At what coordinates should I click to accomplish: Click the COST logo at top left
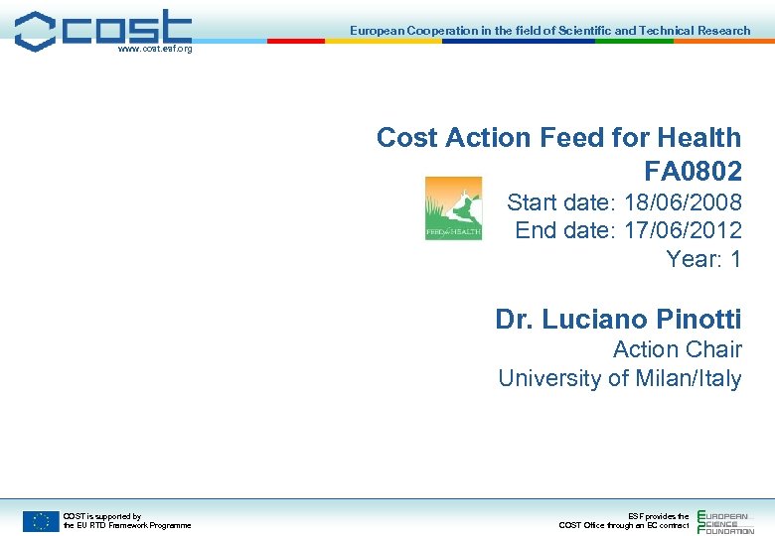pyautogui.click(x=103, y=29)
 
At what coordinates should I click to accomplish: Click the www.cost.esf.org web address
pyautogui.click(x=154, y=49)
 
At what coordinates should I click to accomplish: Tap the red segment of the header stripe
pyautogui.click(x=296, y=41)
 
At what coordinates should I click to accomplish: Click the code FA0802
pyautogui.click(x=693, y=172)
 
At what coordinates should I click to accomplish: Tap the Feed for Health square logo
pyautogui.click(x=453, y=207)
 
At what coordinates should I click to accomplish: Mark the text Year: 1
pyautogui.click(x=703, y=260)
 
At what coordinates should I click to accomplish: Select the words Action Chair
pyautogui.click(x=677, y=349)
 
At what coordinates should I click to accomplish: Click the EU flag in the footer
pyautogui.click(x=41, y=520)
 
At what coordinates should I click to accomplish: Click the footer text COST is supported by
pyautogui.click(x=101, y=516)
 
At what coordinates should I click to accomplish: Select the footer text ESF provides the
pyautogui.click(x=658, y=516)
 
